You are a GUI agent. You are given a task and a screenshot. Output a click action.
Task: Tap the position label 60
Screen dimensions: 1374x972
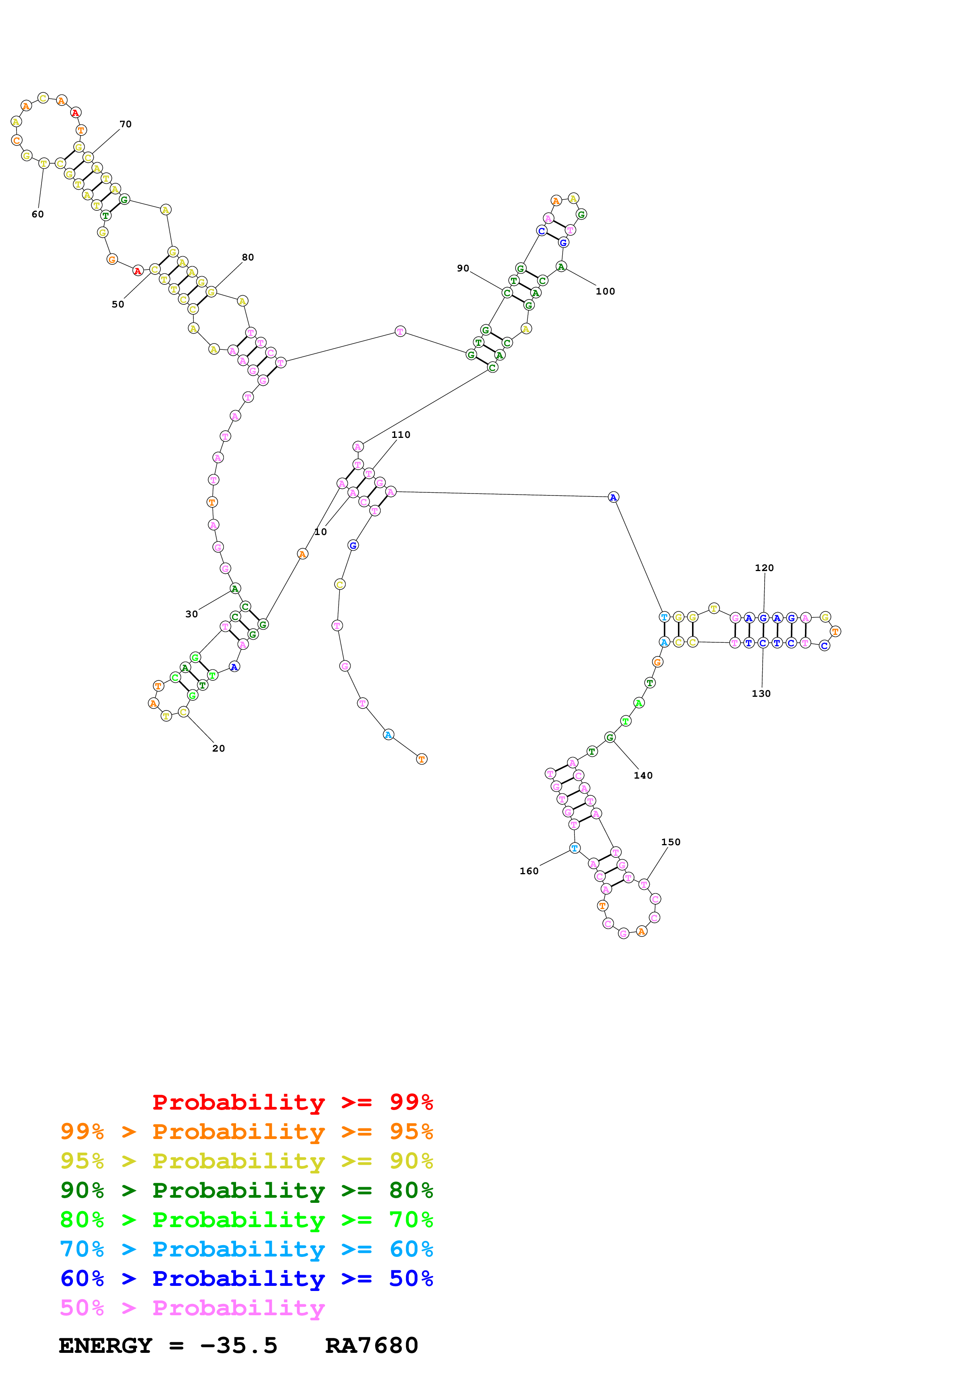38,214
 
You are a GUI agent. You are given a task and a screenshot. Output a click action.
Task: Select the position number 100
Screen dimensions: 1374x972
605,291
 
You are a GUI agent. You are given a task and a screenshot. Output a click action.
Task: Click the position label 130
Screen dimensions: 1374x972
761,694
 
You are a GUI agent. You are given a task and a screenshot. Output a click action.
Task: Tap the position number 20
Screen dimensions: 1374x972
219,748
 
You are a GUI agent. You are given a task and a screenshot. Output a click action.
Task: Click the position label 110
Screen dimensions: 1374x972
401,435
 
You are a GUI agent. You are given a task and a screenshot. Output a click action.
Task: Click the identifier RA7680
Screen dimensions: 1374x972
371,1346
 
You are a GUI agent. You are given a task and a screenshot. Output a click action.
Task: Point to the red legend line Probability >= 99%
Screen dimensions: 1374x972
292,1102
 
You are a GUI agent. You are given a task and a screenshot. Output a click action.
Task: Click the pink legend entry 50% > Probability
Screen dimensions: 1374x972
192,1308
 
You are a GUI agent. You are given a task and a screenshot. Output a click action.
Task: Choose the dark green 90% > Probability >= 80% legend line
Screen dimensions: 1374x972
247,1190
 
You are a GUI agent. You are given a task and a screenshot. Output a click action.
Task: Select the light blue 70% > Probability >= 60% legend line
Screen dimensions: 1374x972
247,1249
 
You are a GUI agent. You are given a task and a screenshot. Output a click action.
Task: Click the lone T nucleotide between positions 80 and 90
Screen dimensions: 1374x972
400,331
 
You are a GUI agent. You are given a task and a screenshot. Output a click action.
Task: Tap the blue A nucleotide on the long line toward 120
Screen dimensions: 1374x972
613,497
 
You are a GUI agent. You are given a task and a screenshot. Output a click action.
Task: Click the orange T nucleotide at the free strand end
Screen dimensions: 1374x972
422,759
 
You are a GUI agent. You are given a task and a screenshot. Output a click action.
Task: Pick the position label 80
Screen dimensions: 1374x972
247,257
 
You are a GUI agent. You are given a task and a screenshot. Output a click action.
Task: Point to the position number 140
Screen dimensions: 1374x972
643,776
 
